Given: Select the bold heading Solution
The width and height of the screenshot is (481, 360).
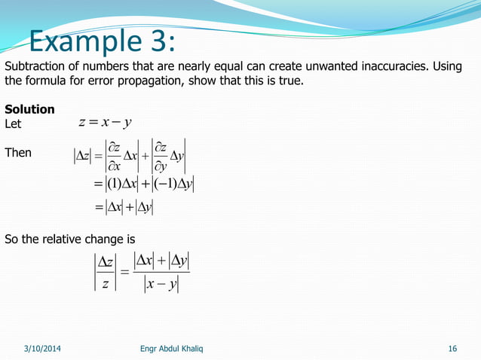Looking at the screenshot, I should (29, 109).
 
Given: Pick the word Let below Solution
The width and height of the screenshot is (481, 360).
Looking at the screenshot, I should (14, 123).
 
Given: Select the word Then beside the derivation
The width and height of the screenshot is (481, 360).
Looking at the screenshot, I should (18, 153).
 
